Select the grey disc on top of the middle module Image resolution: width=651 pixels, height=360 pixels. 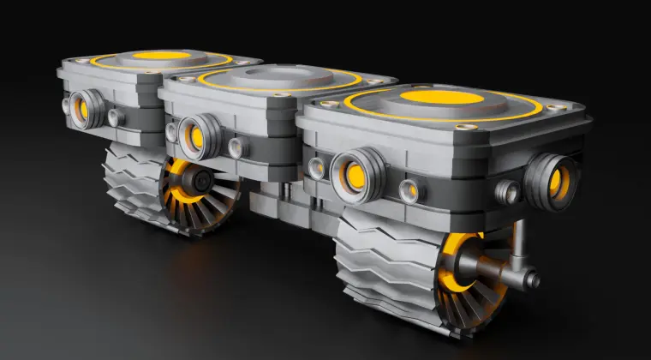pyautogui.click(x=282, y=75)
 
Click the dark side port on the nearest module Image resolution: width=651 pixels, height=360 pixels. pyautogui.click(x=552, y=179)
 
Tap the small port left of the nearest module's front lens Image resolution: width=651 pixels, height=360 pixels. pyautogui.click(x=317, y=166)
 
